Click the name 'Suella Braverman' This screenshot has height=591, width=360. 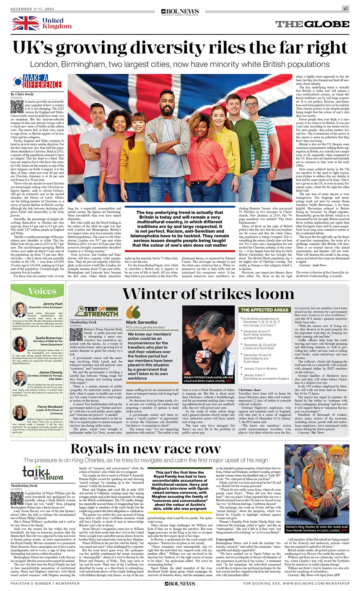[x=49, y=337]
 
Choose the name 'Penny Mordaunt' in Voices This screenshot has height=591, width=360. [x=50, y=406]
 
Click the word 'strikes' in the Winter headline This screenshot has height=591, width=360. [x=239, y=293]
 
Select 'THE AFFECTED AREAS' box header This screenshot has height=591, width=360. [x=264, y=310]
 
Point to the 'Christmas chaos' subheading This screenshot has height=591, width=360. [x=251, y=390]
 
